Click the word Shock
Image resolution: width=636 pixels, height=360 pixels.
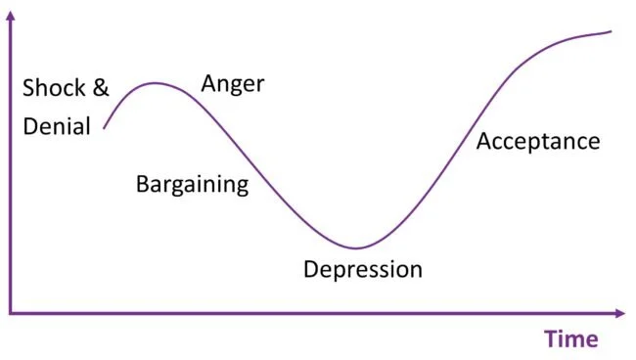click(x=54, y=89)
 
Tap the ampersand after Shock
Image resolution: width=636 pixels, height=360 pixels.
click(x=101, y=89)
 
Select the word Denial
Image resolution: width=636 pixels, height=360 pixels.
click(x=56, y=125)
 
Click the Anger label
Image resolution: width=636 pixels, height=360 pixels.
click(x=233, y=83)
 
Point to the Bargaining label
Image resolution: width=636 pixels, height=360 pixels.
click(x=192, y=184)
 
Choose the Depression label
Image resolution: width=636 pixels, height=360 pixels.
click(x=362, y=269)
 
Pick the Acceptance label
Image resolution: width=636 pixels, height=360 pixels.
click(x=537, y=142)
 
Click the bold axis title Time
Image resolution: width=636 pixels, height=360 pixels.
click(x=571, y=339)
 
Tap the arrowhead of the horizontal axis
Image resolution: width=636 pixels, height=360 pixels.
click(x=620, y=314)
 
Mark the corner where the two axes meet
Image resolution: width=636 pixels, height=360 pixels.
click(x=10, y=314)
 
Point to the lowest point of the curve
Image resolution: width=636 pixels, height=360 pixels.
click(x=357, y=247)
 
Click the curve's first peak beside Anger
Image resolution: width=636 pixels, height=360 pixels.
click(x=155, y=83)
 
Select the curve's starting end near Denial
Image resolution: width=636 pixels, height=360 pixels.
click(x=104, y=128)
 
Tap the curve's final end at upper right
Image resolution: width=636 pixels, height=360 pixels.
click(x=611, y=31)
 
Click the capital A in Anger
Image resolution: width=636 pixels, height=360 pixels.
click(x=208, y=83)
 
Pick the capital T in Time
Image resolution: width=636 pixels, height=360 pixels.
click(x=551, y=339)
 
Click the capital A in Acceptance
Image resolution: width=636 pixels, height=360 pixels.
click(x=483, y=142)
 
